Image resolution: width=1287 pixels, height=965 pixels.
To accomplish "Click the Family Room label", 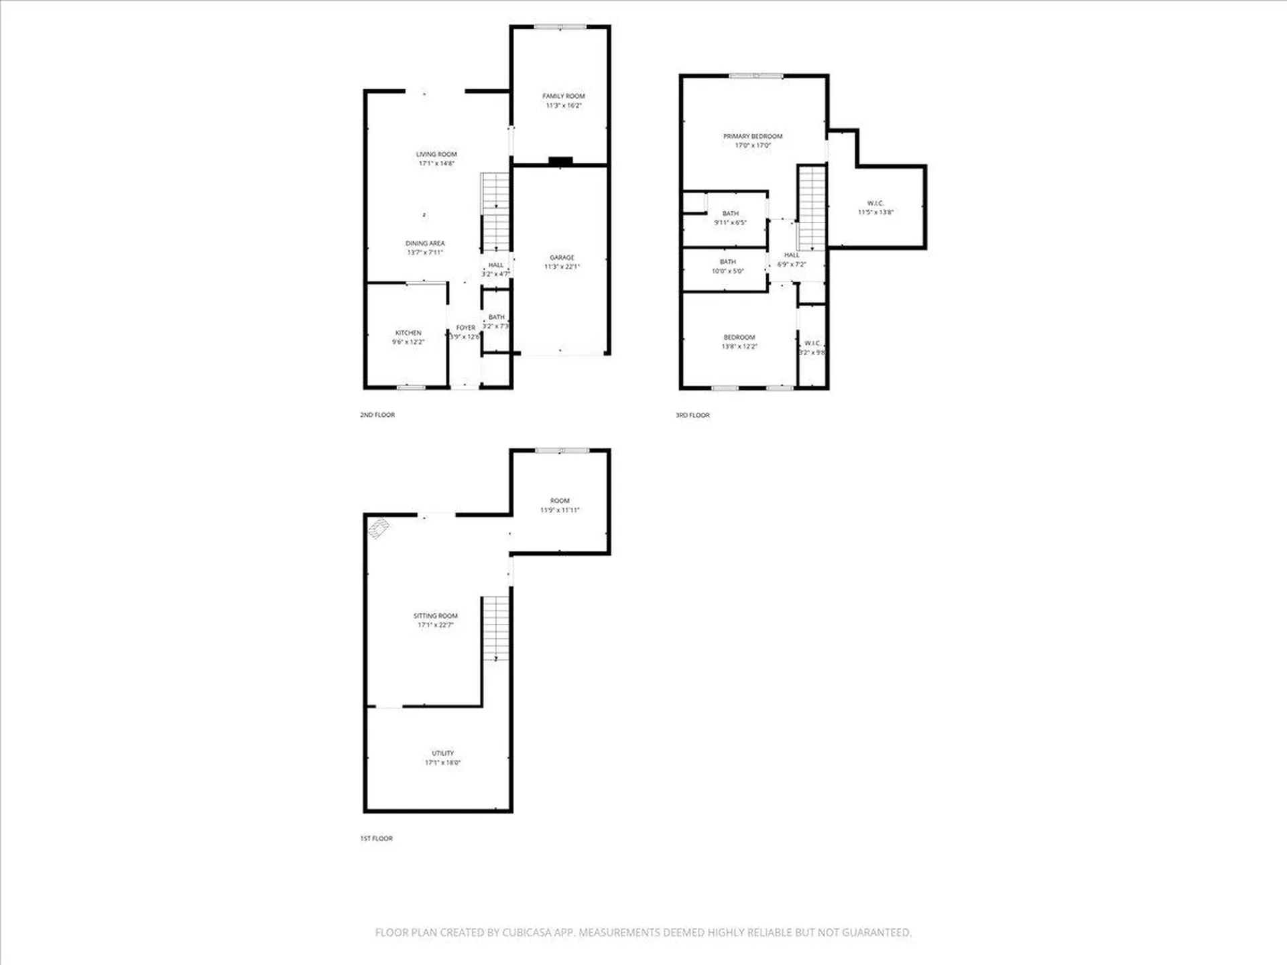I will pyautogui.click(x=563, y=96).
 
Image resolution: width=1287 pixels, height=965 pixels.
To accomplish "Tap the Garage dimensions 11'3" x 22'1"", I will pyautogui.click(x=562, y=267).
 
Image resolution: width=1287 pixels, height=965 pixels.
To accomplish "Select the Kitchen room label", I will pyautogui.click(x=408, y=333).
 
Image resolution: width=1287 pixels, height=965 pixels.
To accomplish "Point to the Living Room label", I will pyautogui.click(x=436, y=155).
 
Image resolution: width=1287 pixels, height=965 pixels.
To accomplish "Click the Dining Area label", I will pyautogui.click(x=425, y=244).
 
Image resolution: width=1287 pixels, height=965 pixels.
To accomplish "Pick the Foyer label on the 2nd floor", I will pyautogui.click(x=465, y=328).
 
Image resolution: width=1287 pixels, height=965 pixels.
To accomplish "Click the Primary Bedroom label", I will pyautogui.click(x=753, y=137).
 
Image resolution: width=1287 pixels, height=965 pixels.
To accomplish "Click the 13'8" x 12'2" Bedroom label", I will pyautogui.click(x=739, y=338).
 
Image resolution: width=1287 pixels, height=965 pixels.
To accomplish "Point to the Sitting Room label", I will pyautogui.click(x=436, y=616).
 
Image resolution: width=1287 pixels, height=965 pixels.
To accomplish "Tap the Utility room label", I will pyautogui.click(x=442, y=753).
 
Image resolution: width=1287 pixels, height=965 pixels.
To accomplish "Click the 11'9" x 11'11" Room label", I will pyautogui.click(x=560, y=501).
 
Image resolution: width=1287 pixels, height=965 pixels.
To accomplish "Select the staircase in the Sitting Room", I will pyautogui.click(x=496, y=628).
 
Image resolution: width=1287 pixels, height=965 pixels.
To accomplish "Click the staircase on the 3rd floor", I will pyautogui.click(x=811, y=208).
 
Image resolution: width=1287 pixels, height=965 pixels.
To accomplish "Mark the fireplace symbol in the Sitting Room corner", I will pyautogui.click(x=379, y=529).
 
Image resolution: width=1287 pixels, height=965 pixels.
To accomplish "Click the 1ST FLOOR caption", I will pyautogui.click(x=377, y=838).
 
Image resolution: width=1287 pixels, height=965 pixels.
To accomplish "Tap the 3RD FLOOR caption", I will pyautogui.click(x=692, y=415).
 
